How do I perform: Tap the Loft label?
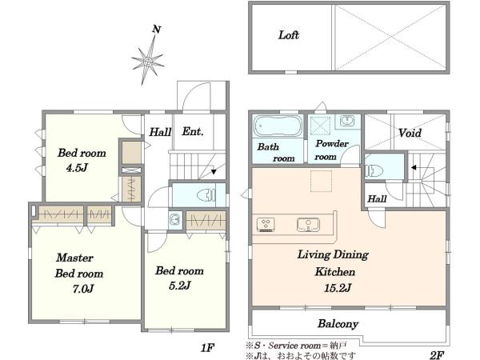(x=288, y=35)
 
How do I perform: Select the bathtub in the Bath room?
(x=278, y=126)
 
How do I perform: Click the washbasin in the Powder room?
(x=347, y=120)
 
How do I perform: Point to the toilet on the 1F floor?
(x=206, y=194)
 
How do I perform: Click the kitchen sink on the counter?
(x=308, y=224)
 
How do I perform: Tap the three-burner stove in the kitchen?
(x=266, y=224)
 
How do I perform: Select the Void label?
(x=410, y=133)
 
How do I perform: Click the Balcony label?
(x=338, y=324)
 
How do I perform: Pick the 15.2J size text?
(x=338, y=288)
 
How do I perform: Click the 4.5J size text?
(x=77, y=167)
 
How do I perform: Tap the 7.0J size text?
(x=83, y=288)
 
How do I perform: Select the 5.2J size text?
(x=180, y=286)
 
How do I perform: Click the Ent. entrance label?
(x=193, y=132)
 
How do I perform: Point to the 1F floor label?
(x=207, y=348)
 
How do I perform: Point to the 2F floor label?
(x=437, y=355)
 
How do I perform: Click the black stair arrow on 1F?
(x=214, y=172)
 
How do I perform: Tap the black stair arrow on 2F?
(x=414, y=167)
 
